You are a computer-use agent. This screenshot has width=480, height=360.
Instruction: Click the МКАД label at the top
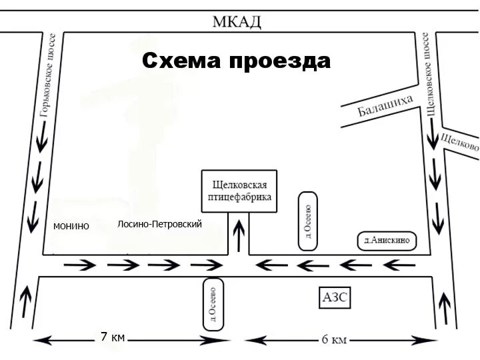237,21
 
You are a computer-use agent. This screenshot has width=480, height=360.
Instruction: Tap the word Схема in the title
182,61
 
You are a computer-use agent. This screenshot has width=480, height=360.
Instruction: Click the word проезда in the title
280,61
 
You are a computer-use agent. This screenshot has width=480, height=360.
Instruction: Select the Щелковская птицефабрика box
239,191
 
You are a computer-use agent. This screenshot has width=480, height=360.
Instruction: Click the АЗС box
335,297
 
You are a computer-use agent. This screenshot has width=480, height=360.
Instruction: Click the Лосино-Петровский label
159,224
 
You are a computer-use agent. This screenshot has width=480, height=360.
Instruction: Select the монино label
71,226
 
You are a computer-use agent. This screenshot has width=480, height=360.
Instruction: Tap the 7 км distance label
113,337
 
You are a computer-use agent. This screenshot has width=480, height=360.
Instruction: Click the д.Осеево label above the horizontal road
307,221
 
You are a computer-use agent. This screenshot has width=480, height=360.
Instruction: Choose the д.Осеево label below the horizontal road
212,303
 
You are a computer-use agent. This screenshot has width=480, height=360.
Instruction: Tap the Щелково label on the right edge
460,142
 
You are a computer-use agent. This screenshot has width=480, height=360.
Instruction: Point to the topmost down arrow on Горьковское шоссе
42,135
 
